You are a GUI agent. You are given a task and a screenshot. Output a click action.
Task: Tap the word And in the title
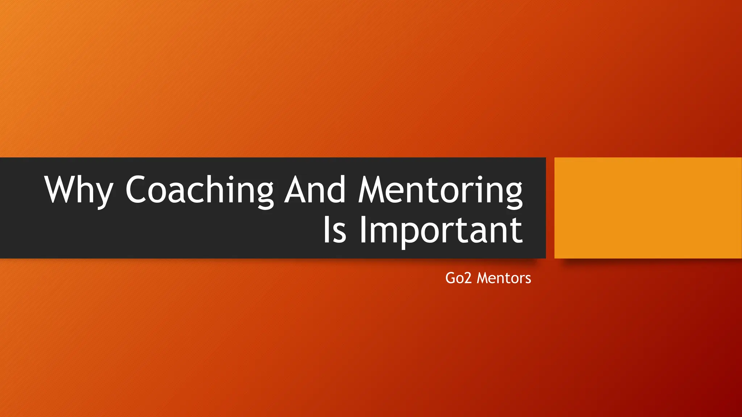click(x=314, y=190)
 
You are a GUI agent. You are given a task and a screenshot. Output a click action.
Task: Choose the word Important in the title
click(x=441, y=231)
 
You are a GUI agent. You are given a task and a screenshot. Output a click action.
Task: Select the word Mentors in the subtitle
click(x=504, y=278)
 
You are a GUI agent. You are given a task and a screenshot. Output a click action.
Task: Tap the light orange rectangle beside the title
click(x=648, y=208)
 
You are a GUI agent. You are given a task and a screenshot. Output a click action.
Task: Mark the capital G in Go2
click(x=451, y=278)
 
